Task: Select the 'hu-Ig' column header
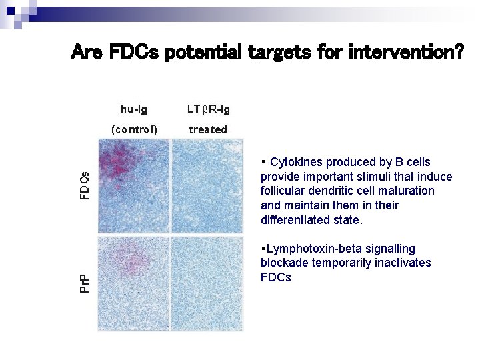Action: [x=133, y=109]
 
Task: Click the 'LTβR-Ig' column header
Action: [x=208, y=109]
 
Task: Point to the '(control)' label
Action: [x=133, y=129]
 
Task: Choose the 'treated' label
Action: [x=208, y=129]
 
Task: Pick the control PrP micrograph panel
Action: [x=133, y=283]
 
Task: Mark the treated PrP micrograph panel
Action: [x=207, y=283]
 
